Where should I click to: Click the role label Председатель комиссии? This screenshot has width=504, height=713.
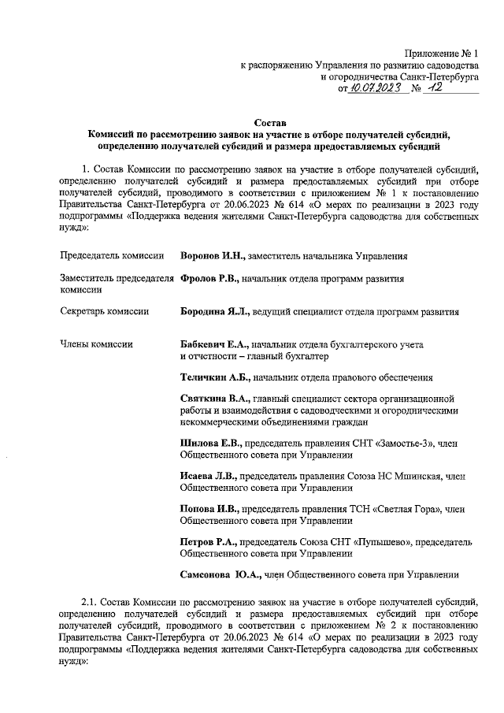(112, 256)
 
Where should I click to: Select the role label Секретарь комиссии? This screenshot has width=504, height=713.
(105, 311)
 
